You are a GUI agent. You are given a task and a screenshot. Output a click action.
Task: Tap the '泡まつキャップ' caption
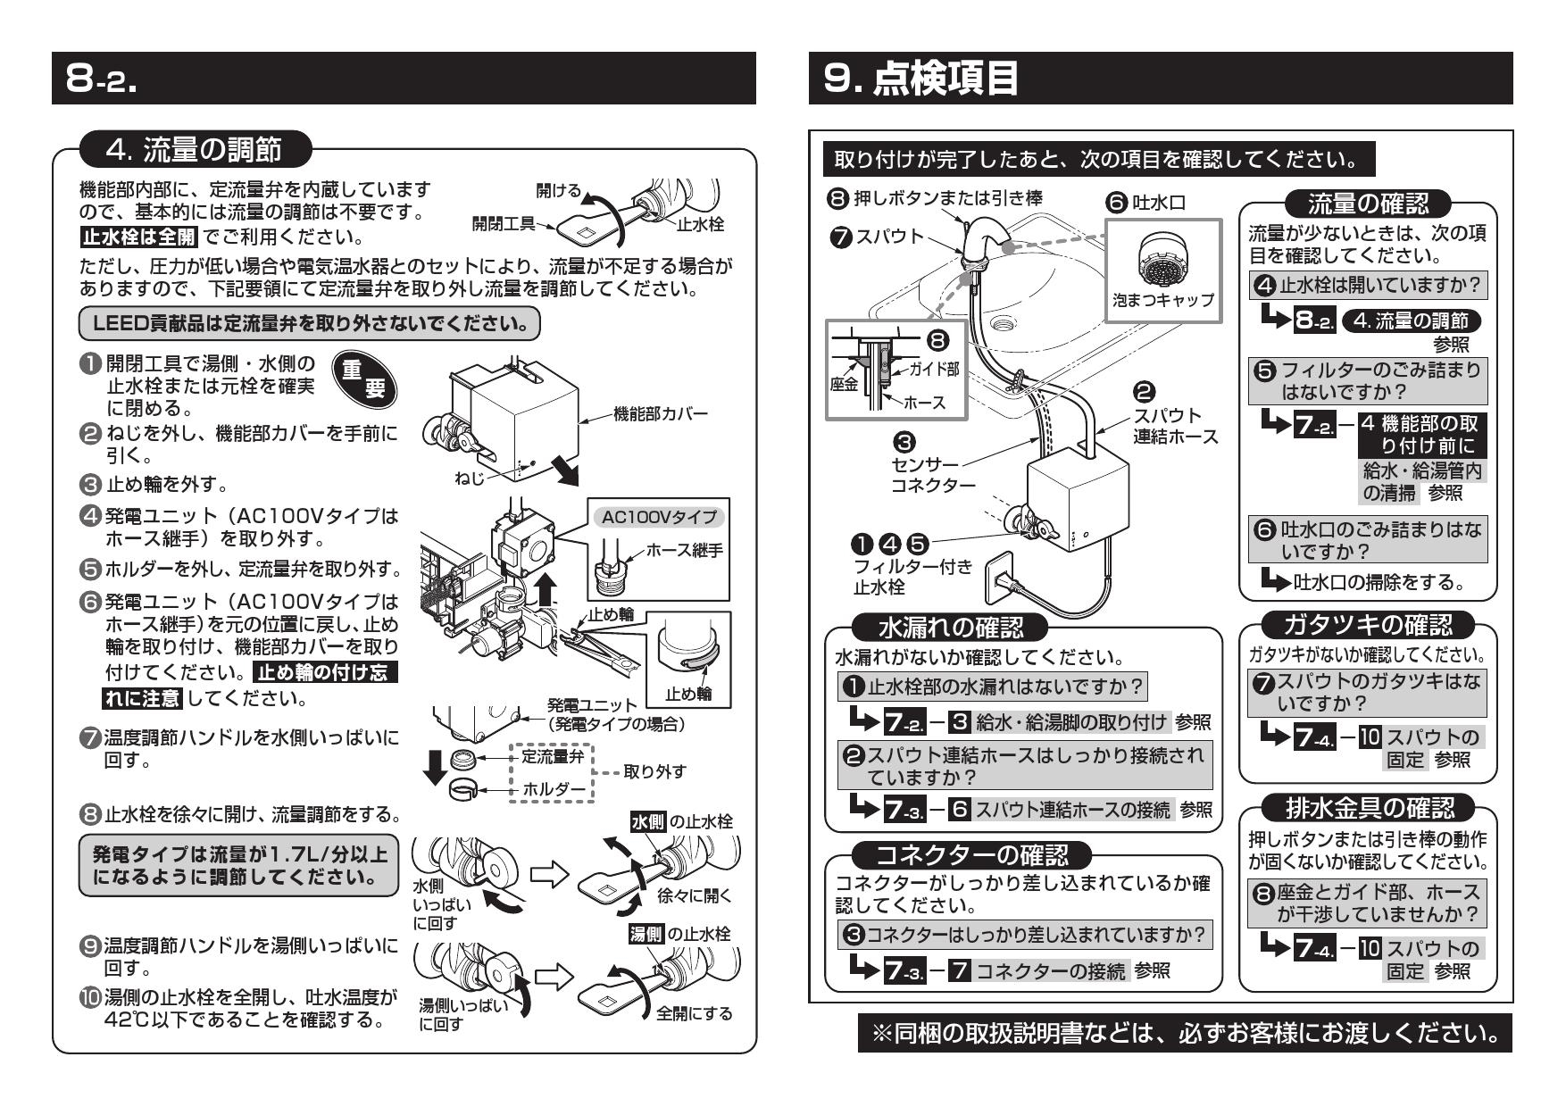pyautogui.click(x=1163, y=301)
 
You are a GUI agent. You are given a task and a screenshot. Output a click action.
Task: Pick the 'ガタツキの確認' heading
pyautogui.click(x=1367, y=624)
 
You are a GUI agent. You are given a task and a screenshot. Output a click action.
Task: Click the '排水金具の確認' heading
pyautogui.click(x=1367, y=809)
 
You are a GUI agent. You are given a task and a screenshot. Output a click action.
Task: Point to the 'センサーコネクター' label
pyautogui.click(x=932, y=475)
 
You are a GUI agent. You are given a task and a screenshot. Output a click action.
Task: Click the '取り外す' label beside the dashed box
pyautogui.click(x=654, y=772)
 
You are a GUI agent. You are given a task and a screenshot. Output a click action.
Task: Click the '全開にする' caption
pyautogui.click(x=694, y=1013)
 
